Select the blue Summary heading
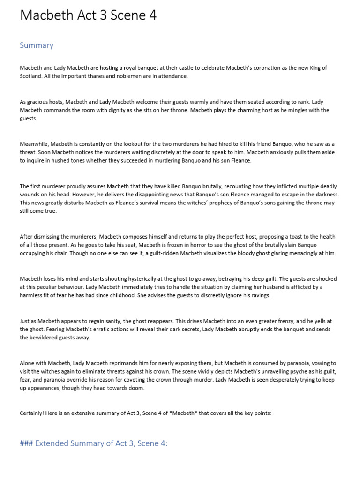[37, 45]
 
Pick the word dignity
[131, 110]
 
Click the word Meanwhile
[34, 144]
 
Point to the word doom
[138, 389]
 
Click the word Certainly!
[33, 413]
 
